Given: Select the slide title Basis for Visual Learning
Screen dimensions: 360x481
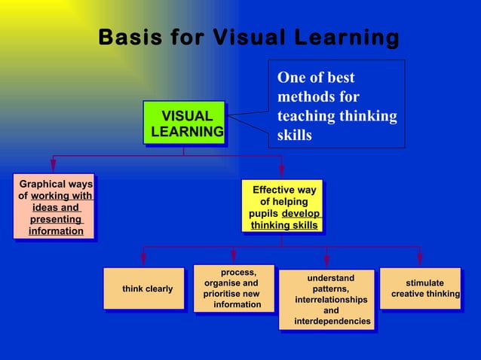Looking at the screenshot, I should tap(249, 37).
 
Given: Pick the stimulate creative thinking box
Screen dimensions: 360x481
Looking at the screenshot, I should tap(420, 288).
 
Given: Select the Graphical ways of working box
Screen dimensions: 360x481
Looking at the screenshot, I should tap(55, 207).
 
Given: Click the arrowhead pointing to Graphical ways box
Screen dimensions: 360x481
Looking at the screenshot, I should tap(53, 168).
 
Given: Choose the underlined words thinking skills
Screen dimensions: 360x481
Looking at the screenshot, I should tap(284, 225).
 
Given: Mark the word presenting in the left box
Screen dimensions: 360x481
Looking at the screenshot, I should tap(55, 219).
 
